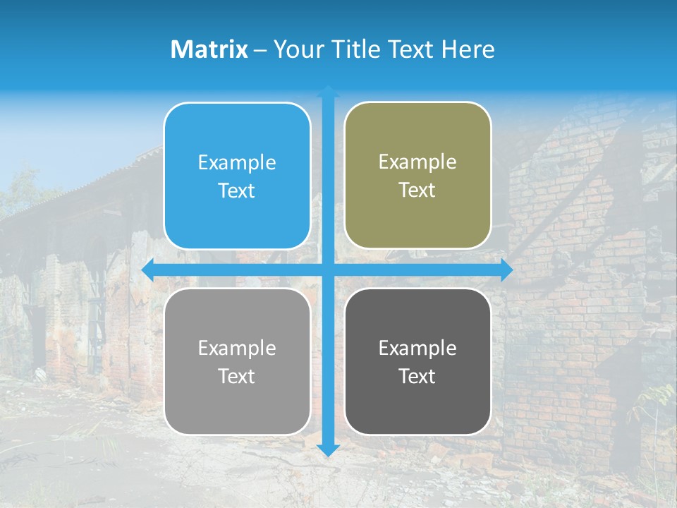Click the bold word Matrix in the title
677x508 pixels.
pyautogui.click(x=209, y=49)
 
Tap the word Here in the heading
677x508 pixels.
pyautogui.click(x=468, y=49)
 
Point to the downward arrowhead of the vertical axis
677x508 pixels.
pyautogui.click(x=328, y=449)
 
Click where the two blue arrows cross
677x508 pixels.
pyautogui.click(x=328, y=270)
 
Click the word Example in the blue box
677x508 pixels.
pyautogui.click(x=237, y=163)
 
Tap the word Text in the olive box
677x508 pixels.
pyautogui.click(x=417, y=190)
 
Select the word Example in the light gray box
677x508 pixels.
pyautogui.click(x=237, y=349)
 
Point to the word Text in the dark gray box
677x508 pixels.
pyautogui.click(x=417, y=377)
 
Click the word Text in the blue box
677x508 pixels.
pyautogui.click(x=237, y=191)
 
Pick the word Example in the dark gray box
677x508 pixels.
pyautogui.click(x=417, y=349)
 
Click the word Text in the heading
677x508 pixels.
pyautogui.click(x=410, y=49)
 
